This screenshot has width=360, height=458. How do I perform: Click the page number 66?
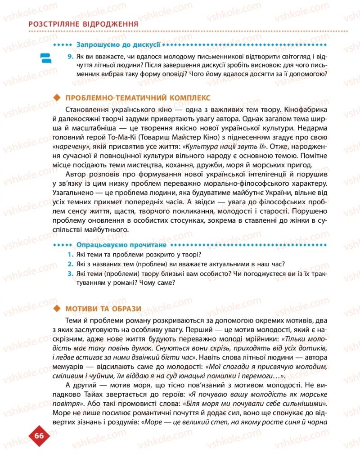pyautogui.click(x=38, y=435)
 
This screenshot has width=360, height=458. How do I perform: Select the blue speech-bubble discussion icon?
pyautogui.click(x=45, y=58)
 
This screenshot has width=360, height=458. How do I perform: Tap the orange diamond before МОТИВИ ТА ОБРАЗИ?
pyautogui.click(x=57, y=308)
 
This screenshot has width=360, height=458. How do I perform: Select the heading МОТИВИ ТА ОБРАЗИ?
pyautogui.click(x=103, y=308)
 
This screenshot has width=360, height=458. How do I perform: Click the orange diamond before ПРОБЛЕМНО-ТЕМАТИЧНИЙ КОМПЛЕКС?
pyautogui.click(x=57, y=98)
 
